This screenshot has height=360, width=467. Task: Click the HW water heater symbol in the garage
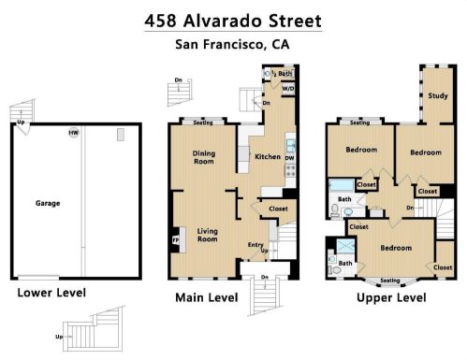(x=74, y=133)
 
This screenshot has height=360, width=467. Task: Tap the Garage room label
(x=48, y=204)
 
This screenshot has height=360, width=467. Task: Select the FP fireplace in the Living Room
(x=176, y=240)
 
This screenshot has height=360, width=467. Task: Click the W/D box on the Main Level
(x=288, y=89)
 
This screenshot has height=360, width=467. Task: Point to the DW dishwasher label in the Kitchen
(x=290, y=158)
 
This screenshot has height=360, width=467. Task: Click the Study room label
(x=438, y=95)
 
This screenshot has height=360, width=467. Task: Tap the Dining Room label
(x=204, y=157)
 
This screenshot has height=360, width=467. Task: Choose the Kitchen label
(x=268, y=156)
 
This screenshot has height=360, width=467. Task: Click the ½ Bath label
(x=282, y=74)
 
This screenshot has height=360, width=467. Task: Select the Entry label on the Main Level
(x=255, y=245)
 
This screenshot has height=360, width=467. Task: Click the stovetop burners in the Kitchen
(x=290, y=171)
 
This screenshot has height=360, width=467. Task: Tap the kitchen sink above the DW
(x=290, y=146)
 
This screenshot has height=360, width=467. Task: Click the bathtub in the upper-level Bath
(x=342, y=185)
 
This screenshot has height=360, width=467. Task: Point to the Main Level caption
(x=207, y=297)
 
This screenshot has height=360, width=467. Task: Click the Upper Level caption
(x=391, y=297)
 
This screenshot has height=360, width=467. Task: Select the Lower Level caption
(x=51, y=293)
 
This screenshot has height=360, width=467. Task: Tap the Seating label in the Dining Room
(x=203, y=122)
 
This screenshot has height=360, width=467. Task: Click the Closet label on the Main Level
(x=278, y=209)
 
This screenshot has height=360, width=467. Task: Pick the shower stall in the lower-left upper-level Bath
(x=346, y=246)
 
